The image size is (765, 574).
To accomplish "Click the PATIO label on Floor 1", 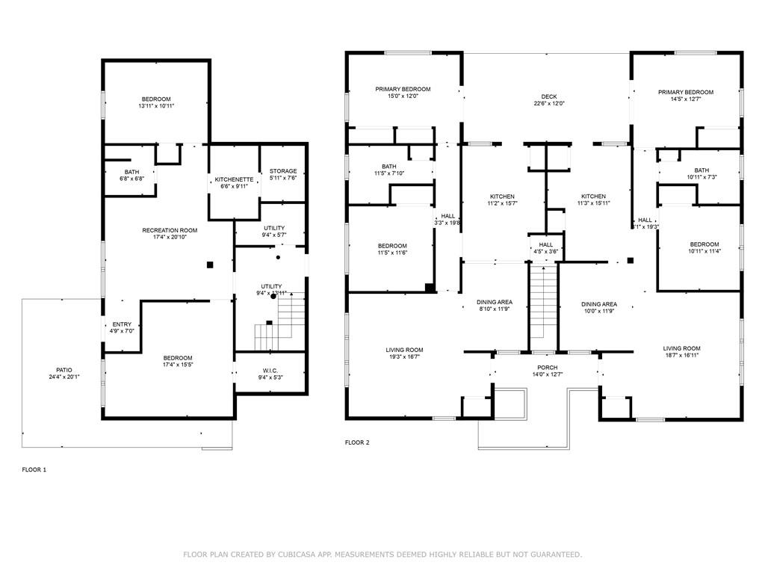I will [64, 369].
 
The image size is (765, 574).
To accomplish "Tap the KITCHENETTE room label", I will [234, 179].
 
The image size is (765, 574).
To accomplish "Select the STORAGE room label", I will [283, 171].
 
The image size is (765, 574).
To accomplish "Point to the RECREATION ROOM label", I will [170, 230].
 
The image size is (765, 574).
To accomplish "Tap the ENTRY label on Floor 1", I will [122, 324].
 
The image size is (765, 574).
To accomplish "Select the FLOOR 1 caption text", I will [34, 469].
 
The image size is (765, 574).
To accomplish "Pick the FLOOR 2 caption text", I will [357, 442].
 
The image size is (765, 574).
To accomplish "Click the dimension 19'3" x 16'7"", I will [404, 357].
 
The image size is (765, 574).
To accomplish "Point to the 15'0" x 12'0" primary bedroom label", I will [403, 96].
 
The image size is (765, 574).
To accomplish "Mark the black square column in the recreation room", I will [211, 264].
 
